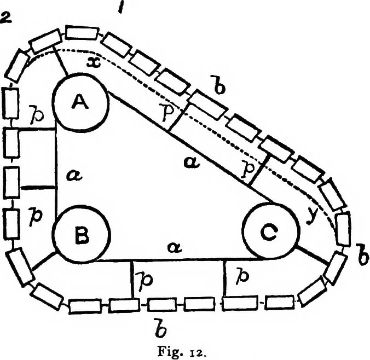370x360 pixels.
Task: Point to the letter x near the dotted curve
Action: [94, 62]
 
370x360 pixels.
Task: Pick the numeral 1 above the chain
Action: [122, 7]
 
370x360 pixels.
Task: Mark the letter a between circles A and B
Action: [74, 176]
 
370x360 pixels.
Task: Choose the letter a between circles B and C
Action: [175, 247]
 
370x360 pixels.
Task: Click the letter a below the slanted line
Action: [192, 163]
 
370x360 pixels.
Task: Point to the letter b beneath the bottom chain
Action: [161, 328]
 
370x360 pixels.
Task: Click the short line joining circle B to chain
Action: [44, 261]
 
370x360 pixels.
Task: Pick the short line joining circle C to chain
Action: [313, 256]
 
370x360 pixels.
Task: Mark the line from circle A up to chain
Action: [61, 60]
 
